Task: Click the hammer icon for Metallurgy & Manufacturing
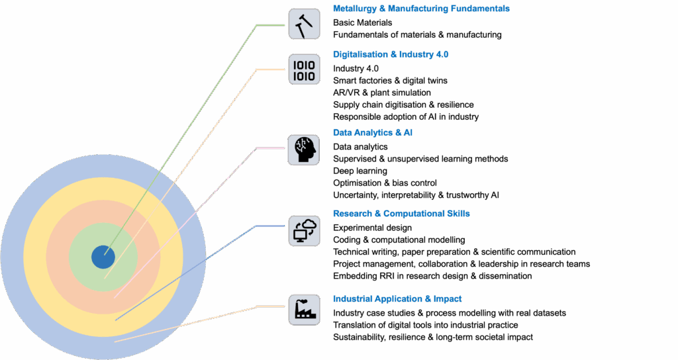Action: tap(304, 24)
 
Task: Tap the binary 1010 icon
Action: tap(304, 68)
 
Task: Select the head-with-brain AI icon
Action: tap(304, 150)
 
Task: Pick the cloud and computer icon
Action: tap(304, 230)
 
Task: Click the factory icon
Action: tap(304, 309)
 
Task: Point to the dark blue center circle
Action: tap(103, 256)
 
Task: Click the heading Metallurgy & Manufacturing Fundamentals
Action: tap(421, 9)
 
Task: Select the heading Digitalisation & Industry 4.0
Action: tap(391, 54)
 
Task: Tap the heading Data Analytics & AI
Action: tap(373, 133)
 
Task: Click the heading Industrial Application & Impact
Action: tap(397, 299)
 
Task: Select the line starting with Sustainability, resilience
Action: tap(433, 337)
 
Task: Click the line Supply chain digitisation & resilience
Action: tap(403, 105)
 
